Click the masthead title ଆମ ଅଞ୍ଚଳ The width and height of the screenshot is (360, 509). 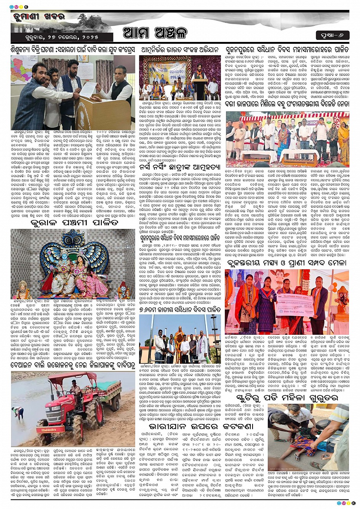pyautogui.click(x=155, y=33)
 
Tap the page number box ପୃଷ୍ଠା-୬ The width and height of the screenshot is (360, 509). pyautogui.click(x=332, y=35)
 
